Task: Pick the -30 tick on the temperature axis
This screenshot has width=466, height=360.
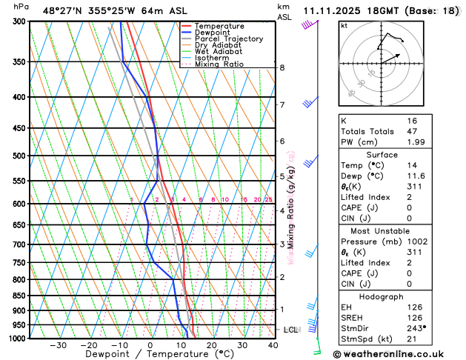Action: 58,345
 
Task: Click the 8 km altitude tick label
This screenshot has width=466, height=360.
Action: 282,68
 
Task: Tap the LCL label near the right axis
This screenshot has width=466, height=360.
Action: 292,330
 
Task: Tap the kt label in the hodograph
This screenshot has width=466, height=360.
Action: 344,25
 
